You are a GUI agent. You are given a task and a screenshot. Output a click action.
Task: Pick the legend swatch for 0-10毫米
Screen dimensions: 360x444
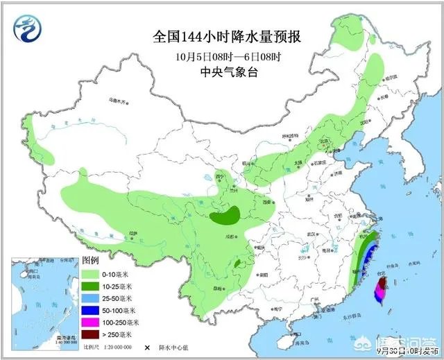pos(91,274)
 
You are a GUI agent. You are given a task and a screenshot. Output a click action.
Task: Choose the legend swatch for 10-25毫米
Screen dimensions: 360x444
pos(91,286)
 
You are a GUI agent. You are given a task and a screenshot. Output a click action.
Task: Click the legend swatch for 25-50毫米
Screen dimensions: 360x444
pos(91,298)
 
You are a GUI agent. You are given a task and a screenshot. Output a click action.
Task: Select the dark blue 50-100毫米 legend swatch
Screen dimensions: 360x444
pos(91,309)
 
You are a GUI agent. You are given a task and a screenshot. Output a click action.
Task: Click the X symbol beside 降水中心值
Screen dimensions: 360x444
pos(147,347)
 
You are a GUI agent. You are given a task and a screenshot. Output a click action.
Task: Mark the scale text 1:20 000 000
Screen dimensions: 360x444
pos(119,347)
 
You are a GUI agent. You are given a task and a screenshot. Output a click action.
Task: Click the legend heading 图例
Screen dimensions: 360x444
pos(91,261)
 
